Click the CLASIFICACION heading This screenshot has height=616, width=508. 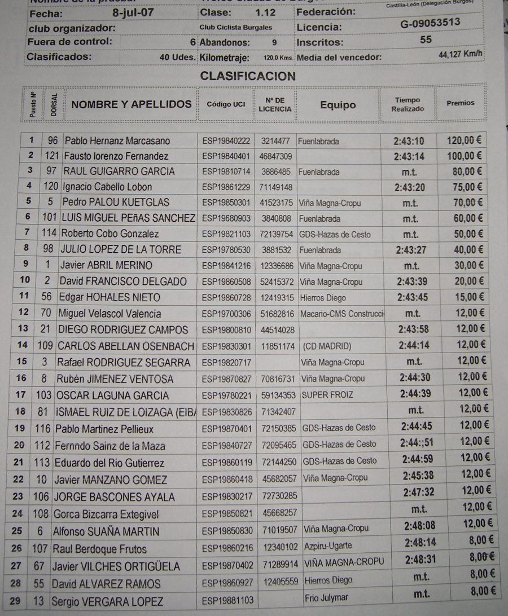(248, 76)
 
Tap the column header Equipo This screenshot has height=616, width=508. (338, 105)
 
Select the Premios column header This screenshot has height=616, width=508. (461, 103)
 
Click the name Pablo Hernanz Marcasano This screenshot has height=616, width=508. (116, 140)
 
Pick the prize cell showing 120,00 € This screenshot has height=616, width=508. (465, 140)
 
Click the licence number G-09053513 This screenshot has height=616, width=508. (430, 23)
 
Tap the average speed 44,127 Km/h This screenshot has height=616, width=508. (461, 55)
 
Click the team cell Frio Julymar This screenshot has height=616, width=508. (326, 597)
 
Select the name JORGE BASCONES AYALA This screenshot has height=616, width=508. (114, 497)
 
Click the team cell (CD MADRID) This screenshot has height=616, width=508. (327, 346)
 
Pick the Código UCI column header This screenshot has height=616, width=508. (226, 104)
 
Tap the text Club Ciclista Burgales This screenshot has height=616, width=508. (235, 27)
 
